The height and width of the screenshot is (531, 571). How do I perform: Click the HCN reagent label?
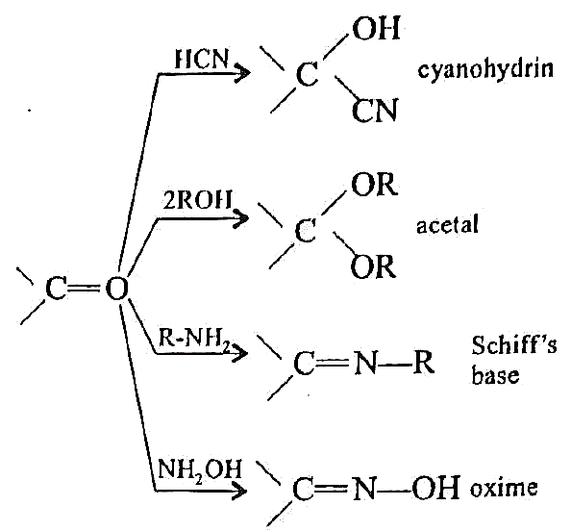click(x=202, y=59)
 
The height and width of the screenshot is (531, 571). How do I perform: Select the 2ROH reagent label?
click(x=197, y=199)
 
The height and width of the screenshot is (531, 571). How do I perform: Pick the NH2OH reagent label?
click(x=200, y=469)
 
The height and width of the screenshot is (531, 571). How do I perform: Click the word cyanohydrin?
click(x=485, y=69)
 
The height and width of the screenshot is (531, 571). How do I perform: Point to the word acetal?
click(x=447, y=224)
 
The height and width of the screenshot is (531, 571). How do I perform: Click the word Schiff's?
click(x=514, y=345)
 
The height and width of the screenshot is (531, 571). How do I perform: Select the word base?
click(x=495, y=374)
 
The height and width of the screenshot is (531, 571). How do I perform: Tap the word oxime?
click(x=504, y=488)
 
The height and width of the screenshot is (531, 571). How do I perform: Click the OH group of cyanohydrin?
click(x=376, y=28)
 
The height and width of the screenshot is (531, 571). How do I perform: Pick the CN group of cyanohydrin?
click(x=374, y=110)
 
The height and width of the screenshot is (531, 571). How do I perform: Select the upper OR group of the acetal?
click(x=373, y=184)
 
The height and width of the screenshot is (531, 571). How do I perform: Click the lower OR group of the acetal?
click(x=373, y=265)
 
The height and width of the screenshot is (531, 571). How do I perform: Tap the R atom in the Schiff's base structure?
click(x=424, y=364)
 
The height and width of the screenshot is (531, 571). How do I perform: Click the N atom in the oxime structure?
click(x=363, y=489)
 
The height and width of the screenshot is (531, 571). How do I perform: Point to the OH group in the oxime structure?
click(x=435, y=488)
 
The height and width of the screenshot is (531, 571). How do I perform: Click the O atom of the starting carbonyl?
click(x=117, y=289)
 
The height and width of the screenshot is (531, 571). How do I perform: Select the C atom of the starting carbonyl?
click(x=56, y=289)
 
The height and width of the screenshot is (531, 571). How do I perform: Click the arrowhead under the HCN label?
click(x=242, y=72)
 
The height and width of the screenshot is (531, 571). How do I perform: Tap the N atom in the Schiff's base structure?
click(x=365, y=364)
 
